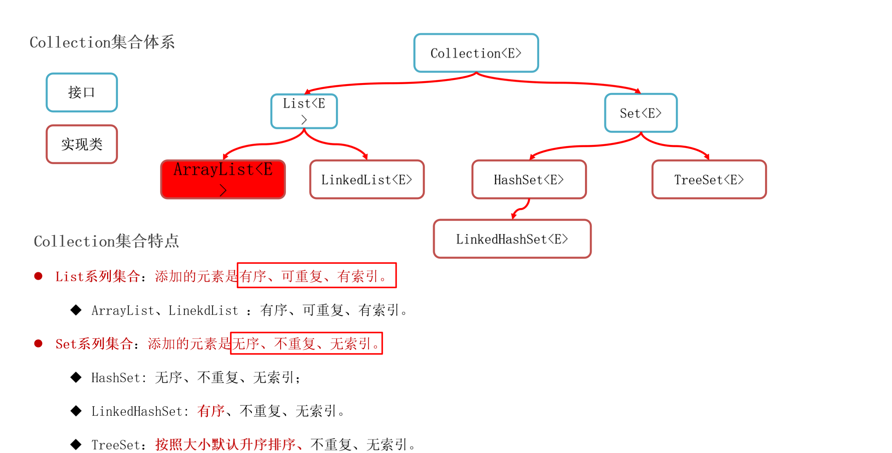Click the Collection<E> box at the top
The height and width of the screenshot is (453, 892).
coord(476,53)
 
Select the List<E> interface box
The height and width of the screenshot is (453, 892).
coord(304,111)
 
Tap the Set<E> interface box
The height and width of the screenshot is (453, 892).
coord(641,113)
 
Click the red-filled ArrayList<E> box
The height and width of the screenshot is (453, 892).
coord(223,179)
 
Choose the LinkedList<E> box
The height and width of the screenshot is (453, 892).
coord(367,180)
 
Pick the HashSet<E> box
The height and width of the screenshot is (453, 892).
coord(529,180)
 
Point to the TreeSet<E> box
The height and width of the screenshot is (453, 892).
coord(709,180)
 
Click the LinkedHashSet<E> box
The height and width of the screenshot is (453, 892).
coord(512,239)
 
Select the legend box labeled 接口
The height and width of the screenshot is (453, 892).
coord(82,92)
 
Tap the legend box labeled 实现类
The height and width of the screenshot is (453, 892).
coord(82,144)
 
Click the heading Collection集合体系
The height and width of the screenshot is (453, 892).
coord(102,42)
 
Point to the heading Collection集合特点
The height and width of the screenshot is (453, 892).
coord(106,241)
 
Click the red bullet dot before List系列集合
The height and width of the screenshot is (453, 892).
coord(38,276)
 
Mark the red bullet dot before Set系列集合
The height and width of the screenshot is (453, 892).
coord(38,343)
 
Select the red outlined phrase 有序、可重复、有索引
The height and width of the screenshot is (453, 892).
coord(316,276)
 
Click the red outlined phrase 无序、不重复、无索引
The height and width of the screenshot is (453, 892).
coord(306,343)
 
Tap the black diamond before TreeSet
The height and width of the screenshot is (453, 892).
coord(76,444)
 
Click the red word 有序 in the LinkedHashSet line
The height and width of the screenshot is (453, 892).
coord(211,411)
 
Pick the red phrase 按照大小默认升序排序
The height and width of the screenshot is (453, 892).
coord(225,444)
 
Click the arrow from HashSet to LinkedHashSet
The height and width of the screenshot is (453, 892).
coord(522,209)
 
